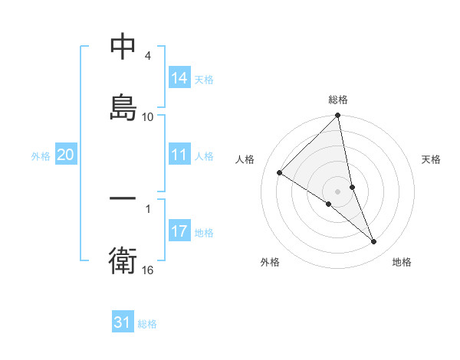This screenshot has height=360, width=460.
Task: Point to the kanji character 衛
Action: (x=123, y=260)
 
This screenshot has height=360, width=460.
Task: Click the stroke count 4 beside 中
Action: (x=147, y=56)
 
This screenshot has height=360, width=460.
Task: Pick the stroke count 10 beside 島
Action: (x=148, y=116)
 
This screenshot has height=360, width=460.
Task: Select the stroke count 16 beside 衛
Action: (x=148, y=270)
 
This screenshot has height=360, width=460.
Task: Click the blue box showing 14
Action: (x=179, y=78)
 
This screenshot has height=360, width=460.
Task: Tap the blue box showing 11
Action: (x=179, y=155)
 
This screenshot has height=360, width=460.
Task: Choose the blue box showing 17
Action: (x=179, y=231)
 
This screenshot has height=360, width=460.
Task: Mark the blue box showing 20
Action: (x=66, y=155)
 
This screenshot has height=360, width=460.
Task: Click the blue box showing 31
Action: (x=123, y=323)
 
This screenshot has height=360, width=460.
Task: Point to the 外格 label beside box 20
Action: (x=41, y=156)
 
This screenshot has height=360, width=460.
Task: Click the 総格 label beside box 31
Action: (x=147, y=324)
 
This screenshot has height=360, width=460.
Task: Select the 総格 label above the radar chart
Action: (x=338, y=100)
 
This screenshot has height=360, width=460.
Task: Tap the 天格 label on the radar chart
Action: (x=432, y=159)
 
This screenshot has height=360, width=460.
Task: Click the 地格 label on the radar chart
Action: (x=402, y=262)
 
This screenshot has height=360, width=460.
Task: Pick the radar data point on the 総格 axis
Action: (x=338, y=116)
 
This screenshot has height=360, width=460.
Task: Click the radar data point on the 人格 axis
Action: (x=280, y=173)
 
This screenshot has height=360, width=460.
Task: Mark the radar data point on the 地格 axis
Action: (x=374, y=242)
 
